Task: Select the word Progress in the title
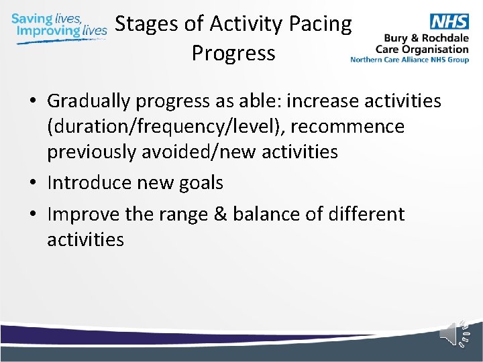point(233,53)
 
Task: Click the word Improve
point(83,215)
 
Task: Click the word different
point(365,215)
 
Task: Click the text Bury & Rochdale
point(427,39)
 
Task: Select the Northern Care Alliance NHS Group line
point(409,59)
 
